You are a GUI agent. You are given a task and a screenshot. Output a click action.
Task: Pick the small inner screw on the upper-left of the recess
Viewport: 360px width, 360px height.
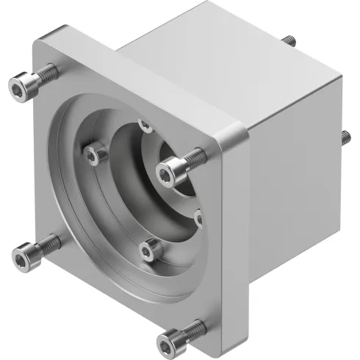coord(92,154)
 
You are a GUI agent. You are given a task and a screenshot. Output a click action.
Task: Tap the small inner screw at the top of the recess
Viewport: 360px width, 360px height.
coord(145,126)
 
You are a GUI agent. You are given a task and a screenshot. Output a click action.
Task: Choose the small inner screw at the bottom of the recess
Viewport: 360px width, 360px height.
coord(149,251)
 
